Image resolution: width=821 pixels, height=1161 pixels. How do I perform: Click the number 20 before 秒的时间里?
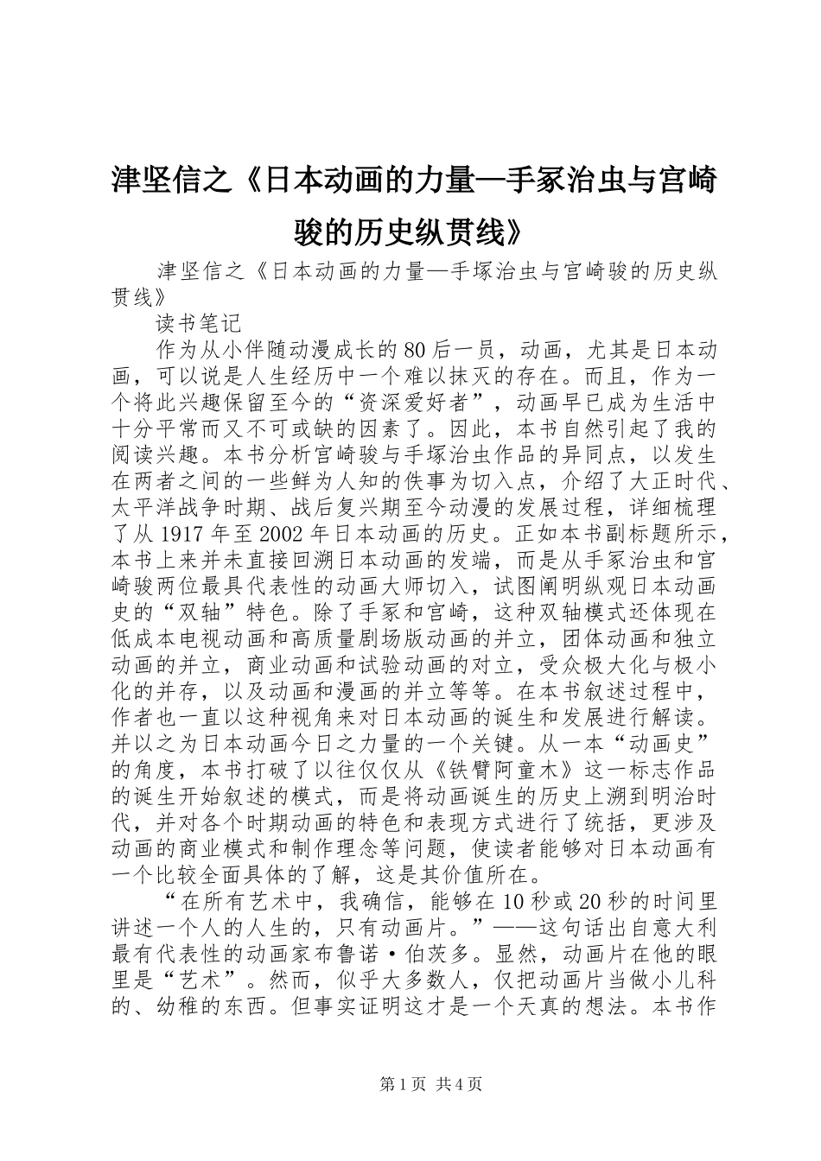coord(589,900)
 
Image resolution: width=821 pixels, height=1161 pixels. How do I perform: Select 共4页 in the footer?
coord(459,1084)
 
